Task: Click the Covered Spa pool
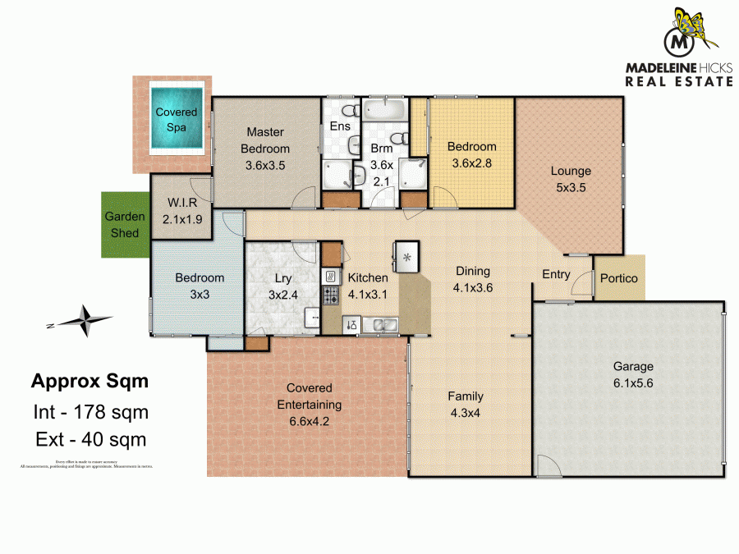click(x=177, y=121)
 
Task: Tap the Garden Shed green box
click(x=125, y=225)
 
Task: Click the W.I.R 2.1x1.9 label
click(x=182, y=211)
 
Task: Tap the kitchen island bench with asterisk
click(x=406, y=257)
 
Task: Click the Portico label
click(x=619, y=278)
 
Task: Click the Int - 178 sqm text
click(x=90, y=412)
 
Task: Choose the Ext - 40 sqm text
click(x=90, y=439)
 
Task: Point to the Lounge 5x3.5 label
click(x=571, y=179)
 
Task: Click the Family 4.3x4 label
click(x=465, y=404)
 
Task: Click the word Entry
click(x=556, y=274)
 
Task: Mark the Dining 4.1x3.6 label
click(x=471, y=279)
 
